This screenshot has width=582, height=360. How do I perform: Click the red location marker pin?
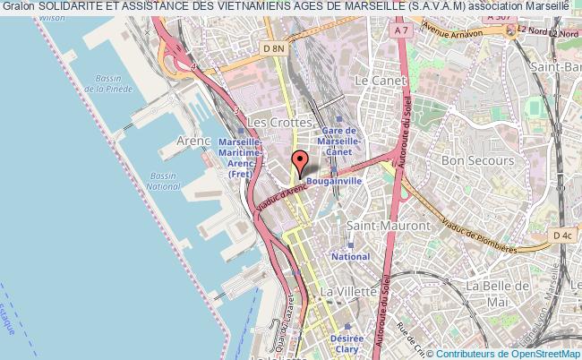pos(301,163)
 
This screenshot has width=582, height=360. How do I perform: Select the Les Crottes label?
pos(278,121)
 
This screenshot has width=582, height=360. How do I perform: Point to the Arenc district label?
pos(193,141)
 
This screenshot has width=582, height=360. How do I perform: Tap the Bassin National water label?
pos(163,181)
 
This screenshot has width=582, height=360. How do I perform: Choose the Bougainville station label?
pos(332,180)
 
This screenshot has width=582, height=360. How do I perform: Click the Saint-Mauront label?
pos(388,226)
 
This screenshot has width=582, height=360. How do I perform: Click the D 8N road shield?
pos(274,48)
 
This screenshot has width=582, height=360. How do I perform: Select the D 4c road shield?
pos(561,235)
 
